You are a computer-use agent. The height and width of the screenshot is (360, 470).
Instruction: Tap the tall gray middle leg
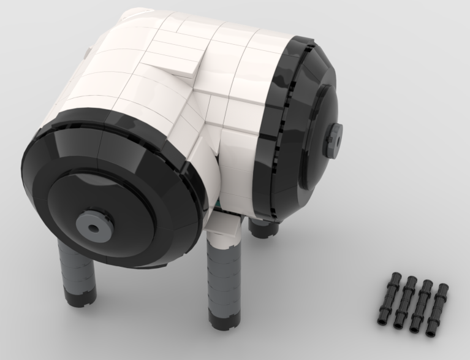222,276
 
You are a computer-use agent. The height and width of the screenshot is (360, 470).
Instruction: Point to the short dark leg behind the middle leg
262,228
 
